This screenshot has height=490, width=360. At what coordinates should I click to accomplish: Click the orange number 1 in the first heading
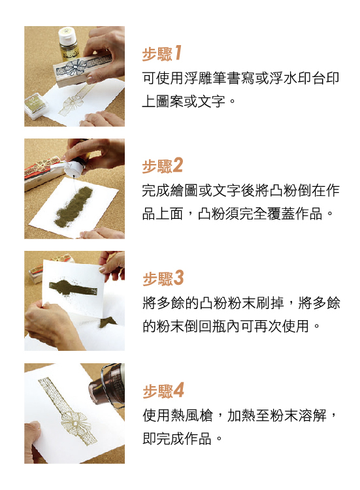(x=178, y=52)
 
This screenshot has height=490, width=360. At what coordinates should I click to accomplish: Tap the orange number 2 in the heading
(x=177, y=165)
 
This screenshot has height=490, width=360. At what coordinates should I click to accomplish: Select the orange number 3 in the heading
(x=178, y=278)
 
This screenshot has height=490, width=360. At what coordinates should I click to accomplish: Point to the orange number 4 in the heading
(x=178, y=390)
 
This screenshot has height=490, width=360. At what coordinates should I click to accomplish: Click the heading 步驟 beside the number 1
(x=157, y=54)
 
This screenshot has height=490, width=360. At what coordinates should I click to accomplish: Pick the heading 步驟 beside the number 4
(x=157, y=391)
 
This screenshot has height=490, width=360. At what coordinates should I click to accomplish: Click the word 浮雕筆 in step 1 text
(x=205, y=78)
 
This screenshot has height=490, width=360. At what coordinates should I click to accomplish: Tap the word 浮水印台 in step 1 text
(x=297, y=78)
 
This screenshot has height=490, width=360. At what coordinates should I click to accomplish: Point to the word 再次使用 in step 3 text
(x=281, y=327)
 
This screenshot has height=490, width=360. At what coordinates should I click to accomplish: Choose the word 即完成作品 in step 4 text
(x=177, y=439)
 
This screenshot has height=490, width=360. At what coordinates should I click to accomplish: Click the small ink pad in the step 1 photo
(x=36, y=105)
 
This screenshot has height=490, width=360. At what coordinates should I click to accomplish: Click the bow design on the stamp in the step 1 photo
(x=74, y=67)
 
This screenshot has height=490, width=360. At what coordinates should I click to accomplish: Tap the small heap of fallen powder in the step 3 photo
(x=108, y=321)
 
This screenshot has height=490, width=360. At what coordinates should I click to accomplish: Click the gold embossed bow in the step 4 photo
(x=75, y=423)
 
